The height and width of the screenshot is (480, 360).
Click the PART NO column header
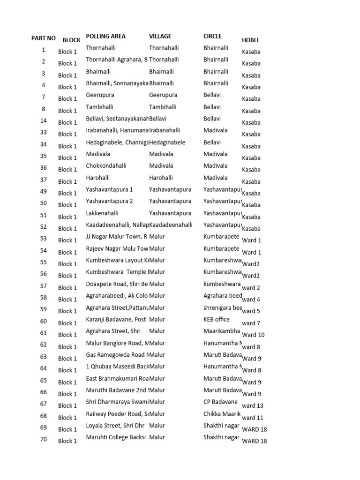pos(44,38)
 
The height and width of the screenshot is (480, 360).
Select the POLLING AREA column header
pos(105,36)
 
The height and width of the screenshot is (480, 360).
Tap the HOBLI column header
pos(250,40)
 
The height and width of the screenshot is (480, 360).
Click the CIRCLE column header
pos(212,36)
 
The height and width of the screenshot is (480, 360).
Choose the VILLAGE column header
pos(160,36)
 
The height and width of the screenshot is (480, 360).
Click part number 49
pos(44,191)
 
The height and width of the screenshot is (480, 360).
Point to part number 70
pos(44,439)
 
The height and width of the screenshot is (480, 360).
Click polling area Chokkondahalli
pos(106,166)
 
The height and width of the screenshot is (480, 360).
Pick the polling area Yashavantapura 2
pos(110,201)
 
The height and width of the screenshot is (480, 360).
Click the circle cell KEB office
pos(217,319)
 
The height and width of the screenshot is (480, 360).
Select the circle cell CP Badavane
pos(220,402)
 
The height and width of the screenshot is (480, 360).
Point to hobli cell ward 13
pos(253,406)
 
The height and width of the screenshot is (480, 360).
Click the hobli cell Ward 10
pos(253,335)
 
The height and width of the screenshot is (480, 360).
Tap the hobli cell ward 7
pos(251,323)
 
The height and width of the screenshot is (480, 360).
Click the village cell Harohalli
pos(161,178)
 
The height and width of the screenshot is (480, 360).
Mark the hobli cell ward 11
pos(253,418)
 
